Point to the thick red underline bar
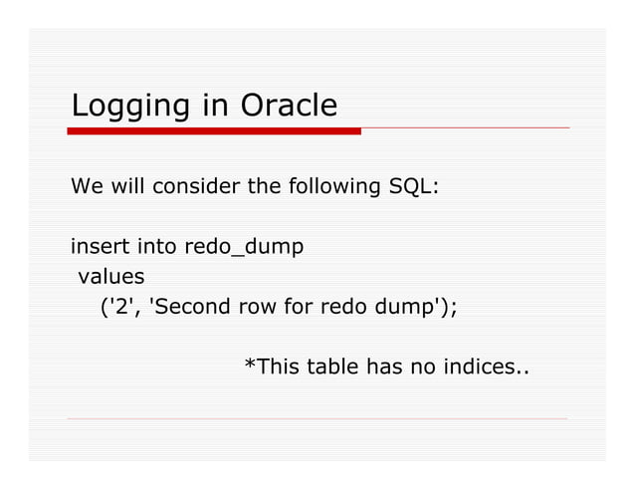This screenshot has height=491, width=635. (x=214, y=130)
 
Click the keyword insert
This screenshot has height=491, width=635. (x=95, y=245)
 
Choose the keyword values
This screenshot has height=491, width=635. (x=111, y=275)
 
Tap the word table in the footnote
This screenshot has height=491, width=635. (x=329, y=368)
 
